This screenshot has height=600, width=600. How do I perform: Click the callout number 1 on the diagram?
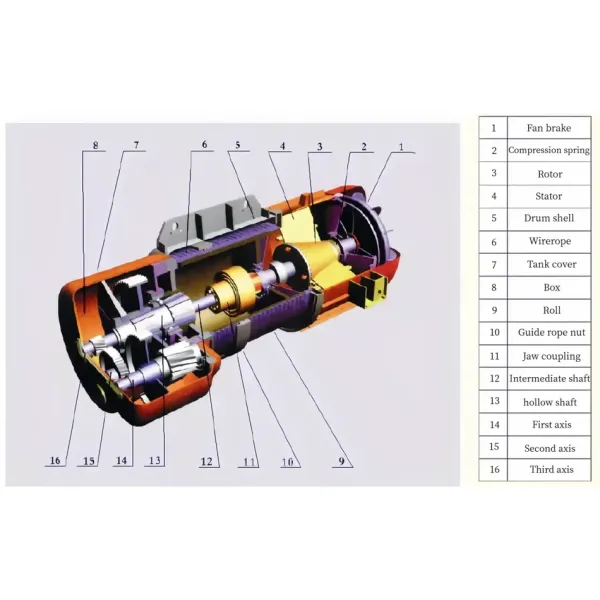pyautogui.click(x=401, y=147)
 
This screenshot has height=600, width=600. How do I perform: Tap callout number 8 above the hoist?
pyautogui.click(x=95, y=146)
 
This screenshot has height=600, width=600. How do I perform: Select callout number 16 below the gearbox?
pyautogui.click(x=55, y=461)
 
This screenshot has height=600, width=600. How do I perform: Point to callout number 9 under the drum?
pyautogui.click(x=345, y=461)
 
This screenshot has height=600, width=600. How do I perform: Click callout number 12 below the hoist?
pyautogui.click(x=206, y=461)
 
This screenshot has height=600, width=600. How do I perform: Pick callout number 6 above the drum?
pyautogui.click(x=204, y=145)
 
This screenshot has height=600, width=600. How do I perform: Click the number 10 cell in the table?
pyautogui.click(x=493, y=332)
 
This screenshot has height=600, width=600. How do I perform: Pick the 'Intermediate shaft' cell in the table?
pyautogui.click(x=549, y=379)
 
